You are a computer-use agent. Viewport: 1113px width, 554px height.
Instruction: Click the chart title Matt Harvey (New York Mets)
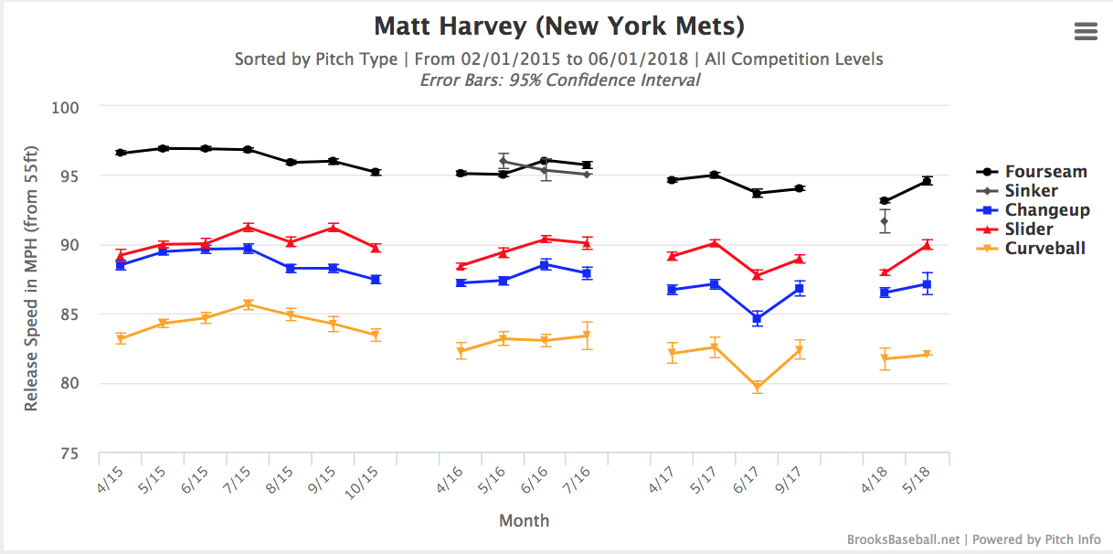(x=558, y=25)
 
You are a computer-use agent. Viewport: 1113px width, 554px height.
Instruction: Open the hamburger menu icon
(x=1086, y=31)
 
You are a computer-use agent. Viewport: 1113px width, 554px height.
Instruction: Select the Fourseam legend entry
(x=1045, y=171)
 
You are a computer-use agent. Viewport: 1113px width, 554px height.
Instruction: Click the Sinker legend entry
(x=1031, y=190)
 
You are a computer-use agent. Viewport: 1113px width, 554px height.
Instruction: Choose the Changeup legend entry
(x=1046, y=209)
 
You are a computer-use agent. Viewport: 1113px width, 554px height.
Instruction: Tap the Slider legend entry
(x=1028, y=229)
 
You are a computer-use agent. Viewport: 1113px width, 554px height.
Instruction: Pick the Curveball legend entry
(x=1044, y=248)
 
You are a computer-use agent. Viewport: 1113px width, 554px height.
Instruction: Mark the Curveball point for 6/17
(x=757, y=388)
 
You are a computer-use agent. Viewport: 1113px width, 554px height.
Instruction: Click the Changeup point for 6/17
(x=757, y=318)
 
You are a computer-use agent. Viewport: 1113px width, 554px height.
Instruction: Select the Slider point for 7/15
(x=248, y=227)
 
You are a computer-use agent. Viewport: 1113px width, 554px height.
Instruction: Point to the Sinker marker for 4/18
(x=885, y=221)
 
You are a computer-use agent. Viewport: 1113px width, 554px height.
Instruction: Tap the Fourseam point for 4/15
(x=120, y=153)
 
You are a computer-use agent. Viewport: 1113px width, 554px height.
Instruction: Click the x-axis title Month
(x=524, y=520)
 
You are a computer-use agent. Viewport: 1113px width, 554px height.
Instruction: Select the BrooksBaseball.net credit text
(x=903, y=539)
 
